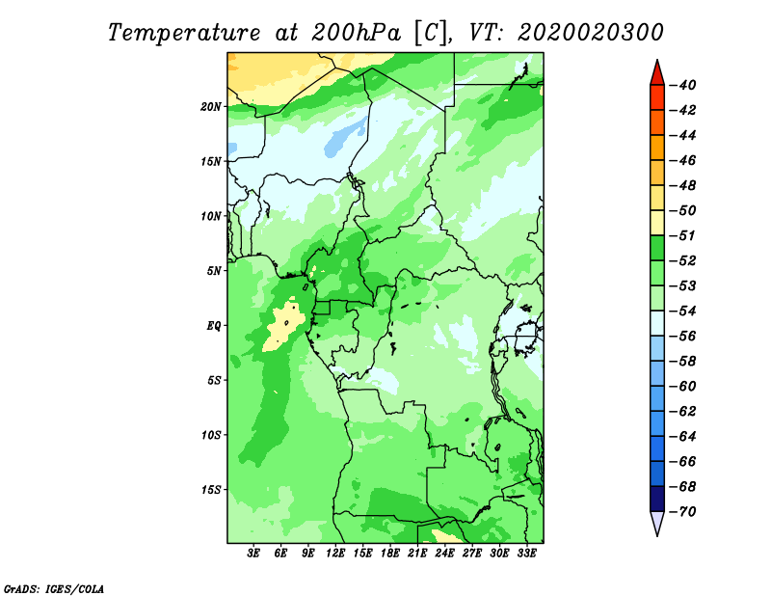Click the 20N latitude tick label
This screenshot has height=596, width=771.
point(210,107)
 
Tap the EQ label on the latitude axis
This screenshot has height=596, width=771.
point(213,326)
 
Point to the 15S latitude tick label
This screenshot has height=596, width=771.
point(211,490)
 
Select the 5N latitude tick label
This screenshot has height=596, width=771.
point(214,271)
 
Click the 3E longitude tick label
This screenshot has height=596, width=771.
point(253,554)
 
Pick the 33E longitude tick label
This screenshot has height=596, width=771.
point(526,554)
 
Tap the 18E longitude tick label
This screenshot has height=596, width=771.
point(390,554)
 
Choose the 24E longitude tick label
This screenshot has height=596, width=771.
point(444,554)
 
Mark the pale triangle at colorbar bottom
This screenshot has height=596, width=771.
point(657,522)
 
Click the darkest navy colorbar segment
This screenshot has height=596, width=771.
point(657,499)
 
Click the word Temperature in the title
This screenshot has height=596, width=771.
point(184,33)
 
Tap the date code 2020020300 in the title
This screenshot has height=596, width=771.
point(591,33)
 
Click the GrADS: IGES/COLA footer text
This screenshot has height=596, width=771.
point(54,589)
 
